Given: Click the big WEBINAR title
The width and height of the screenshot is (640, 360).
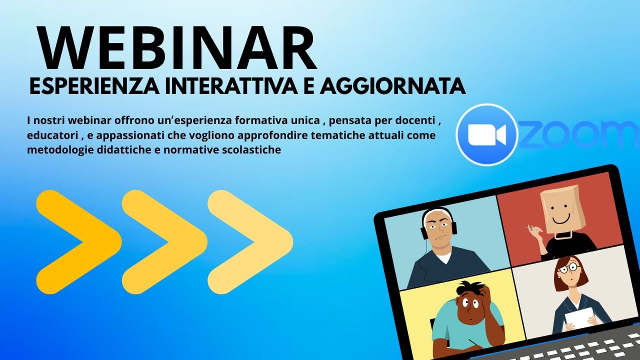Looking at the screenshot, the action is [x=177, y=48].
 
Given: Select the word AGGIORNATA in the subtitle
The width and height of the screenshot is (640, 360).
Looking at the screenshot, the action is [x=393, y=85].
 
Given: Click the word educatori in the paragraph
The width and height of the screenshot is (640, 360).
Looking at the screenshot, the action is [x=52, y=135].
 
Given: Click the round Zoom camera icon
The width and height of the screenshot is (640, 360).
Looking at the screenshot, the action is [x=487, y=134].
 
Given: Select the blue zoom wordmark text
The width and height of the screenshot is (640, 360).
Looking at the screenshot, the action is [x=578, y=134].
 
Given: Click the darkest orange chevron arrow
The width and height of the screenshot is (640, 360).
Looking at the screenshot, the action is [x=79, y=242].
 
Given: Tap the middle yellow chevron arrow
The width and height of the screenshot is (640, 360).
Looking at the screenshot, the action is [x=164, y=242].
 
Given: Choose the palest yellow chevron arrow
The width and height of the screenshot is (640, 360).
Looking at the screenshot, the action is [x=250, y=242].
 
